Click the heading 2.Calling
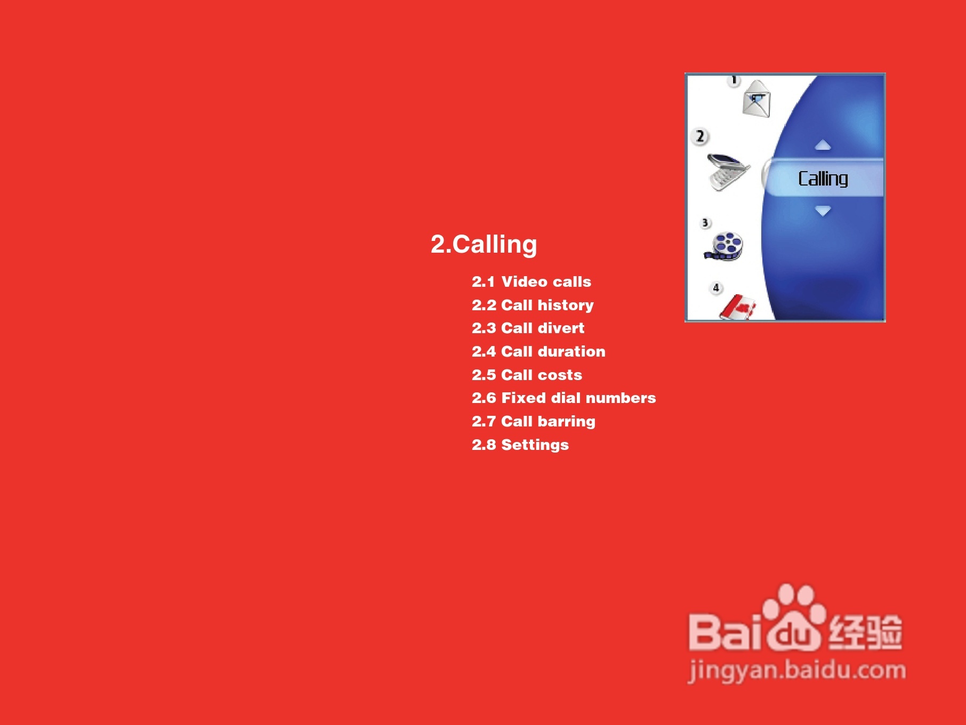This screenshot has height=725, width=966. click(484, 245)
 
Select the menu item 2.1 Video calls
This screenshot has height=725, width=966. click(532, 281)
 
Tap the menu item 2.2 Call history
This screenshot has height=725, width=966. click(533, 305)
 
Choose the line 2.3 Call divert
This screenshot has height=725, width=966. click(528, 328)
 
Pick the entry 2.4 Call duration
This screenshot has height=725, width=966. click(538, 351)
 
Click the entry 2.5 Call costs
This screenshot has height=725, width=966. click(527, 375)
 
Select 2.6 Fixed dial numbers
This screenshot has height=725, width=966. click(563, 398)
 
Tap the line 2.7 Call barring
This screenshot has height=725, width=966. click(533, 421)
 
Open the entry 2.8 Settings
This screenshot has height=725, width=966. click(520, 445)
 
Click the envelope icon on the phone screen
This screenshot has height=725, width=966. click(756, 99)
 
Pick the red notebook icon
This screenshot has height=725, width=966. click(738, 308)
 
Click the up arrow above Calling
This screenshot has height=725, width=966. click(823, 145)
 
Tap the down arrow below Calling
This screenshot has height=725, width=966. click(823, 211)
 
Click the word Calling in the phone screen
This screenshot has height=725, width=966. click(823, 179)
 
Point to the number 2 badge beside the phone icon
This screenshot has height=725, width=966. click(700, 136)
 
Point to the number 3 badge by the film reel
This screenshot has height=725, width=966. click(705, 223)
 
